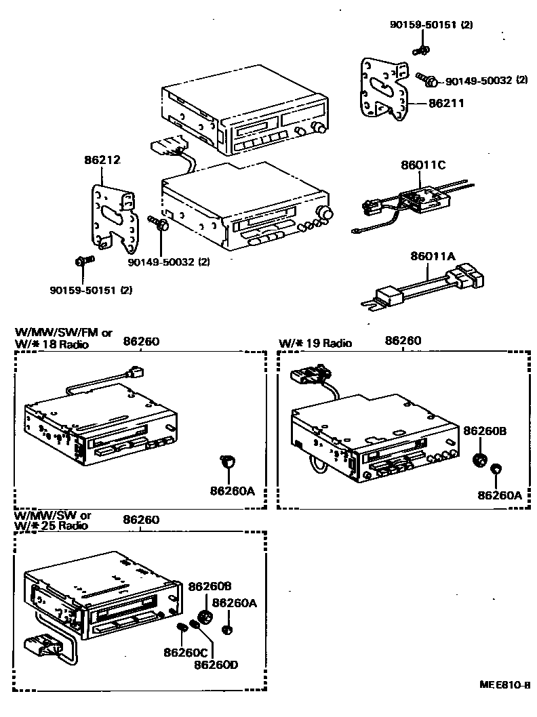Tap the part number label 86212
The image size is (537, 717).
click(x=102, y=161)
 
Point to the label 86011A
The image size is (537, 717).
click(x=433, y=256)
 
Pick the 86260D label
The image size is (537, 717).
click(x=216, y=664)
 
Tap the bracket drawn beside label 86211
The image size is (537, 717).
click(x=384, y=92)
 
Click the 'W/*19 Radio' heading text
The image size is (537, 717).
click(x=316, y=344)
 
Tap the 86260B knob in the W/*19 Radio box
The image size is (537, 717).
click(x=480, y=459)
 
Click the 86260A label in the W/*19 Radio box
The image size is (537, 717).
click(x=499, y=495)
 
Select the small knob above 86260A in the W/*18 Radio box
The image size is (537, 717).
click(x=228, y=462)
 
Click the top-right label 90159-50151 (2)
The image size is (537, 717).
click(x=431, y=25)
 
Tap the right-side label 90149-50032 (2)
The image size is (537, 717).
click(x=486, y=81)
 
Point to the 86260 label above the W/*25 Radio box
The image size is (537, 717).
click(x=141, y=520)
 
